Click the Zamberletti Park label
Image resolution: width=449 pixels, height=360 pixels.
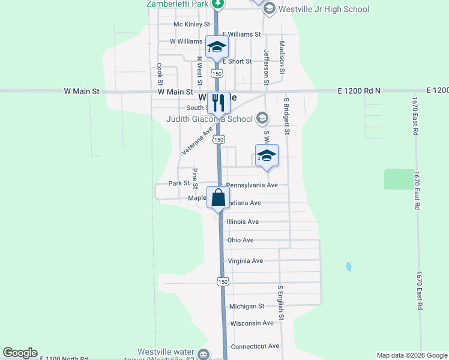tap(178, 4)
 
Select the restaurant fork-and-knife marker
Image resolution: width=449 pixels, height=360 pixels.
tap(218, 103)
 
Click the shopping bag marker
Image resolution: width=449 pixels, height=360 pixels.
tap(218, 197)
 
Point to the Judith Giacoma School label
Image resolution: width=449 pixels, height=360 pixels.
tap(209, 118)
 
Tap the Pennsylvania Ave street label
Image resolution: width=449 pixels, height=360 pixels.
tap(252, 185)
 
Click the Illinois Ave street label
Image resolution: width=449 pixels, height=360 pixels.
tap(243, 221)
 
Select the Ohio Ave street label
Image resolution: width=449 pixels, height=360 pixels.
tap(240, 240)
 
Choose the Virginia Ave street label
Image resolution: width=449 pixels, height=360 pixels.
tap(245, 261)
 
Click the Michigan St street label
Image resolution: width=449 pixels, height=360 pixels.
tap(247, 306)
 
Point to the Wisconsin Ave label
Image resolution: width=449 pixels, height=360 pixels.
tap(252, 323)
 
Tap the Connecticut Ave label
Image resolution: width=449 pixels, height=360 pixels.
tap(255, 346)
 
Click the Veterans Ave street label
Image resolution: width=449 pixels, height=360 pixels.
tap(197, 141)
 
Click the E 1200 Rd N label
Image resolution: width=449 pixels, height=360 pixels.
tap(360, 91)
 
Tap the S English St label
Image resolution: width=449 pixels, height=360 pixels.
tap(280, 302)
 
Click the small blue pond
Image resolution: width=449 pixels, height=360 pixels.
tap(348, 266)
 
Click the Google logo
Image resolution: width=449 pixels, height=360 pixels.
tap(20, 353)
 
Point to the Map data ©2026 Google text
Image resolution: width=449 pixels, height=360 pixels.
tap(411, 355)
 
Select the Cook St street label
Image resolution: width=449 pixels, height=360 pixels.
tap(160, 74)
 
